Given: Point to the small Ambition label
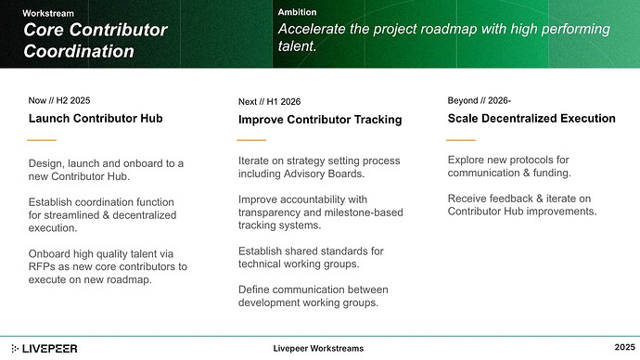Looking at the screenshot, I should click(297, 12).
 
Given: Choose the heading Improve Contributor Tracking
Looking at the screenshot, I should click(320, 119).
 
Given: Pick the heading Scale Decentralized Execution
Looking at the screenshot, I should click(531, 118).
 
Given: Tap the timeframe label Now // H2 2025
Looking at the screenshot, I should click(59, 98).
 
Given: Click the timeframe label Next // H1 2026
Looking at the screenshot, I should click(269, 100).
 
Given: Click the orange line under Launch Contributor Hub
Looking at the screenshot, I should click(43, 139).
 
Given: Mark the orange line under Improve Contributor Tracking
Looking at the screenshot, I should click(252, 140).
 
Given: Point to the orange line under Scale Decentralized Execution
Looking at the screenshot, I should click(462, 139).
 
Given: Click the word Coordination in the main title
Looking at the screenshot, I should click(79, 51).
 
